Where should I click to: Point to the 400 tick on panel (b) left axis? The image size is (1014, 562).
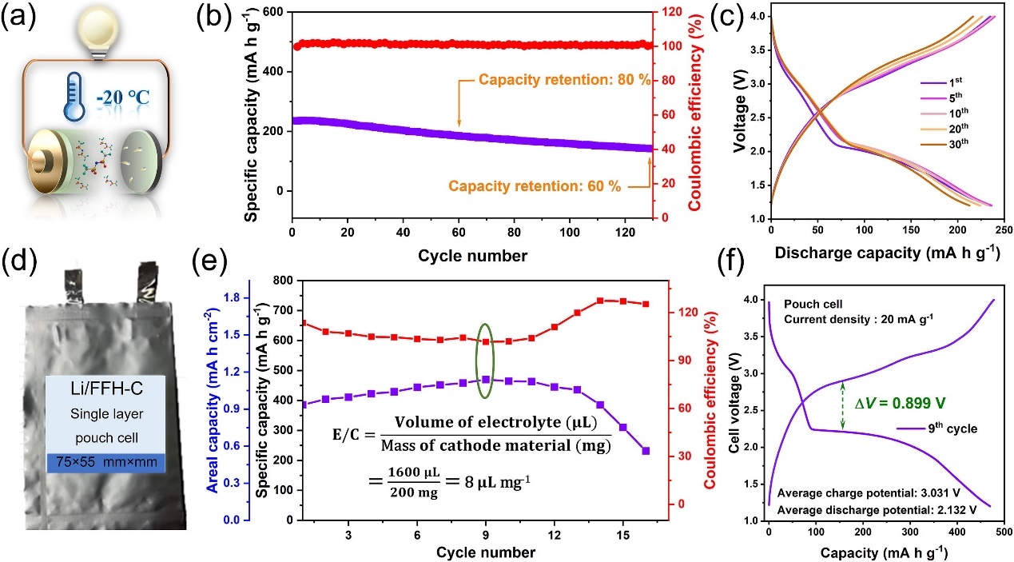coord(277,71)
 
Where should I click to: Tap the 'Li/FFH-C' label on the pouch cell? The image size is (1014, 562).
coord(105,397)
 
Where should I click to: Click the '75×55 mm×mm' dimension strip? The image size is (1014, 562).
coord(105,462)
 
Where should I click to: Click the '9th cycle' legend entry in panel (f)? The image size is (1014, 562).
coord(952,428)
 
